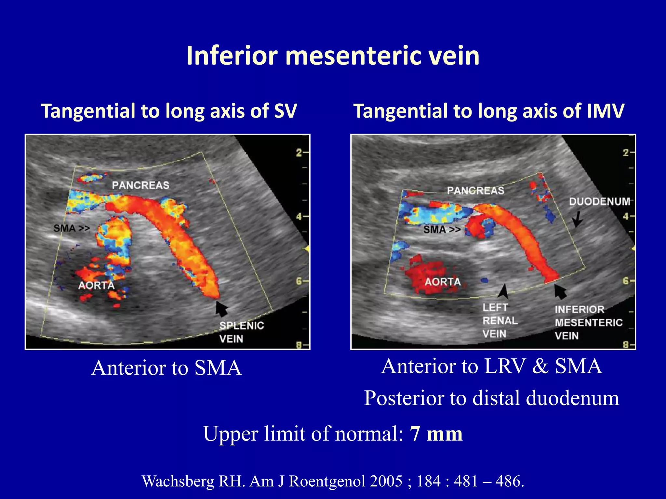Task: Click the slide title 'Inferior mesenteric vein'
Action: pyautogui.click(x=333, y=56)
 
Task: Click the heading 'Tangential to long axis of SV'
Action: pyautogui.click(x=169, y=111)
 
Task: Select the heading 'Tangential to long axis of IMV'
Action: pyautogui.click(x=488, y=111)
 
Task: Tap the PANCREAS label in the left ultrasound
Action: pyautogui.click(x=140, y=186)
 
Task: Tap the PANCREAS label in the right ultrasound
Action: pyautogui.click(x=475, y=190)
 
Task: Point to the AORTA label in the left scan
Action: pyautogui.click(x=96, y=286)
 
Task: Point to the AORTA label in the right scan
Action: pyautogui.click(x=443, y=282)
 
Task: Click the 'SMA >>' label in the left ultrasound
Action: pyautogui.click(x=72, y=228)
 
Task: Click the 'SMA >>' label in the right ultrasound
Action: pyautogui.click(x=442, y=230)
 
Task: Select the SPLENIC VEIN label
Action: pyautogui.click(x=241, y=332)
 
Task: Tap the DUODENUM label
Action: pyautogui.click(x=599, y=201)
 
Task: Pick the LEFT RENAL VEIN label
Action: pyautogui.click(x=499, y=321)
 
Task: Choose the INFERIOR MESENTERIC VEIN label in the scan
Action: pyautogui.click(x=588, y=323)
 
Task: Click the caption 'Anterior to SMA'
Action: pyautogui.click(x=166, y=368)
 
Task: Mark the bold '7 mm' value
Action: pyautogui.click(x=436, y=434)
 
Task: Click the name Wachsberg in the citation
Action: pyautogui.click(x=178, y=481)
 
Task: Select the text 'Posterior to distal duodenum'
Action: pyautogui.click(x=491, y=398)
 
